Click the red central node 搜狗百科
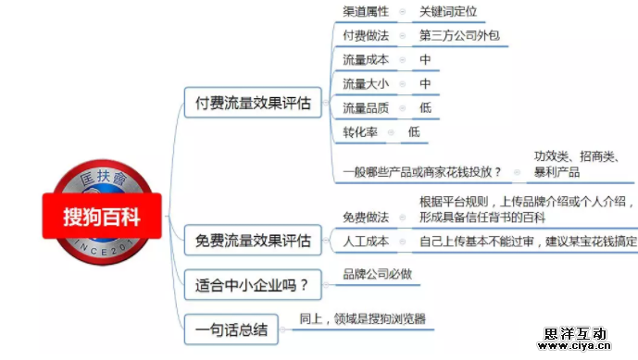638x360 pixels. point(102,217)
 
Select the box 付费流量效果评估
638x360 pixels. point(247,103)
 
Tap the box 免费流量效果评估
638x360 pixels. point(253,242)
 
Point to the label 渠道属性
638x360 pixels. point(366,12)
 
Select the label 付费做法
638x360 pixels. point(366,36)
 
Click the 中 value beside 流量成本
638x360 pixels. point(425,60)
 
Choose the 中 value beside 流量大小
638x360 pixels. point(425,84)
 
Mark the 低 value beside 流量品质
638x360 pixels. point(425,108)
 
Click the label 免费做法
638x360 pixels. point(366,217)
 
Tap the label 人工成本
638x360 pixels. point(366,242)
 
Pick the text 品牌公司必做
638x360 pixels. point(377,274)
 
